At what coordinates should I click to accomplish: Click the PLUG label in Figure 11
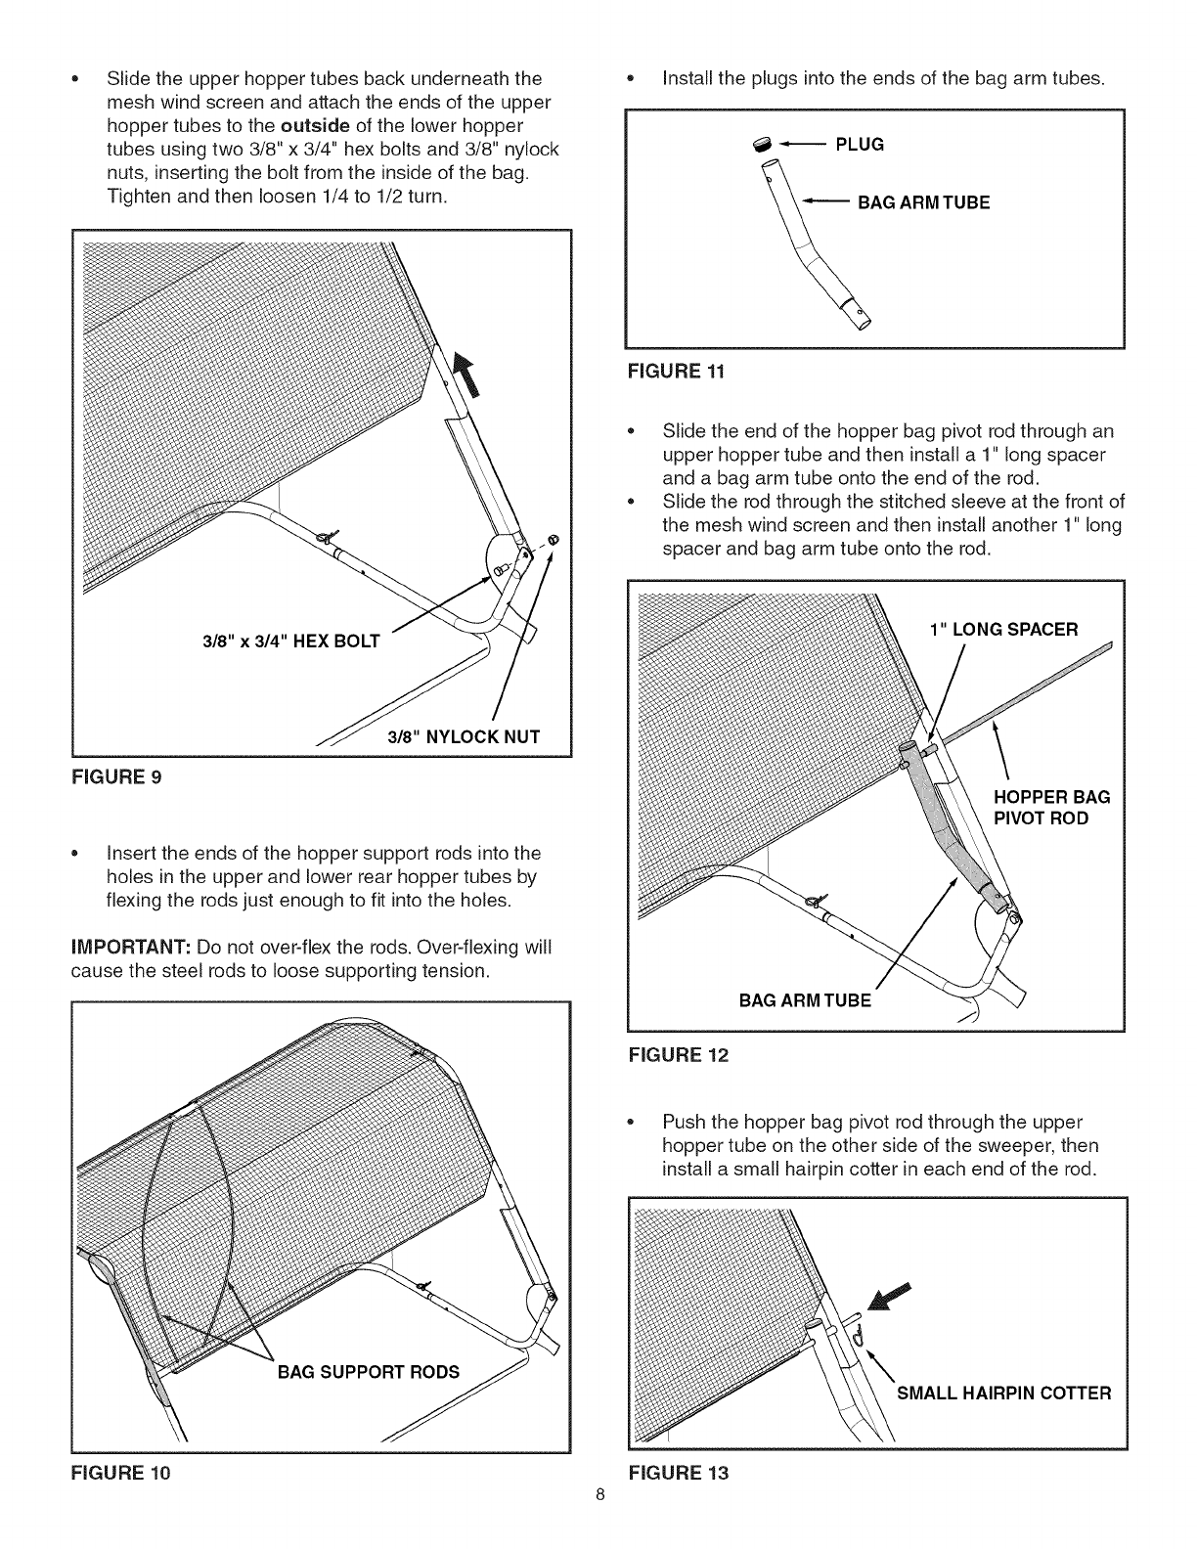[860, 145]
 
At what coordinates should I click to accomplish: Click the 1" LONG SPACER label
[1003, 629]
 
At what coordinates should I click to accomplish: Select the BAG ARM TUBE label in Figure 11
[923, 202]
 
